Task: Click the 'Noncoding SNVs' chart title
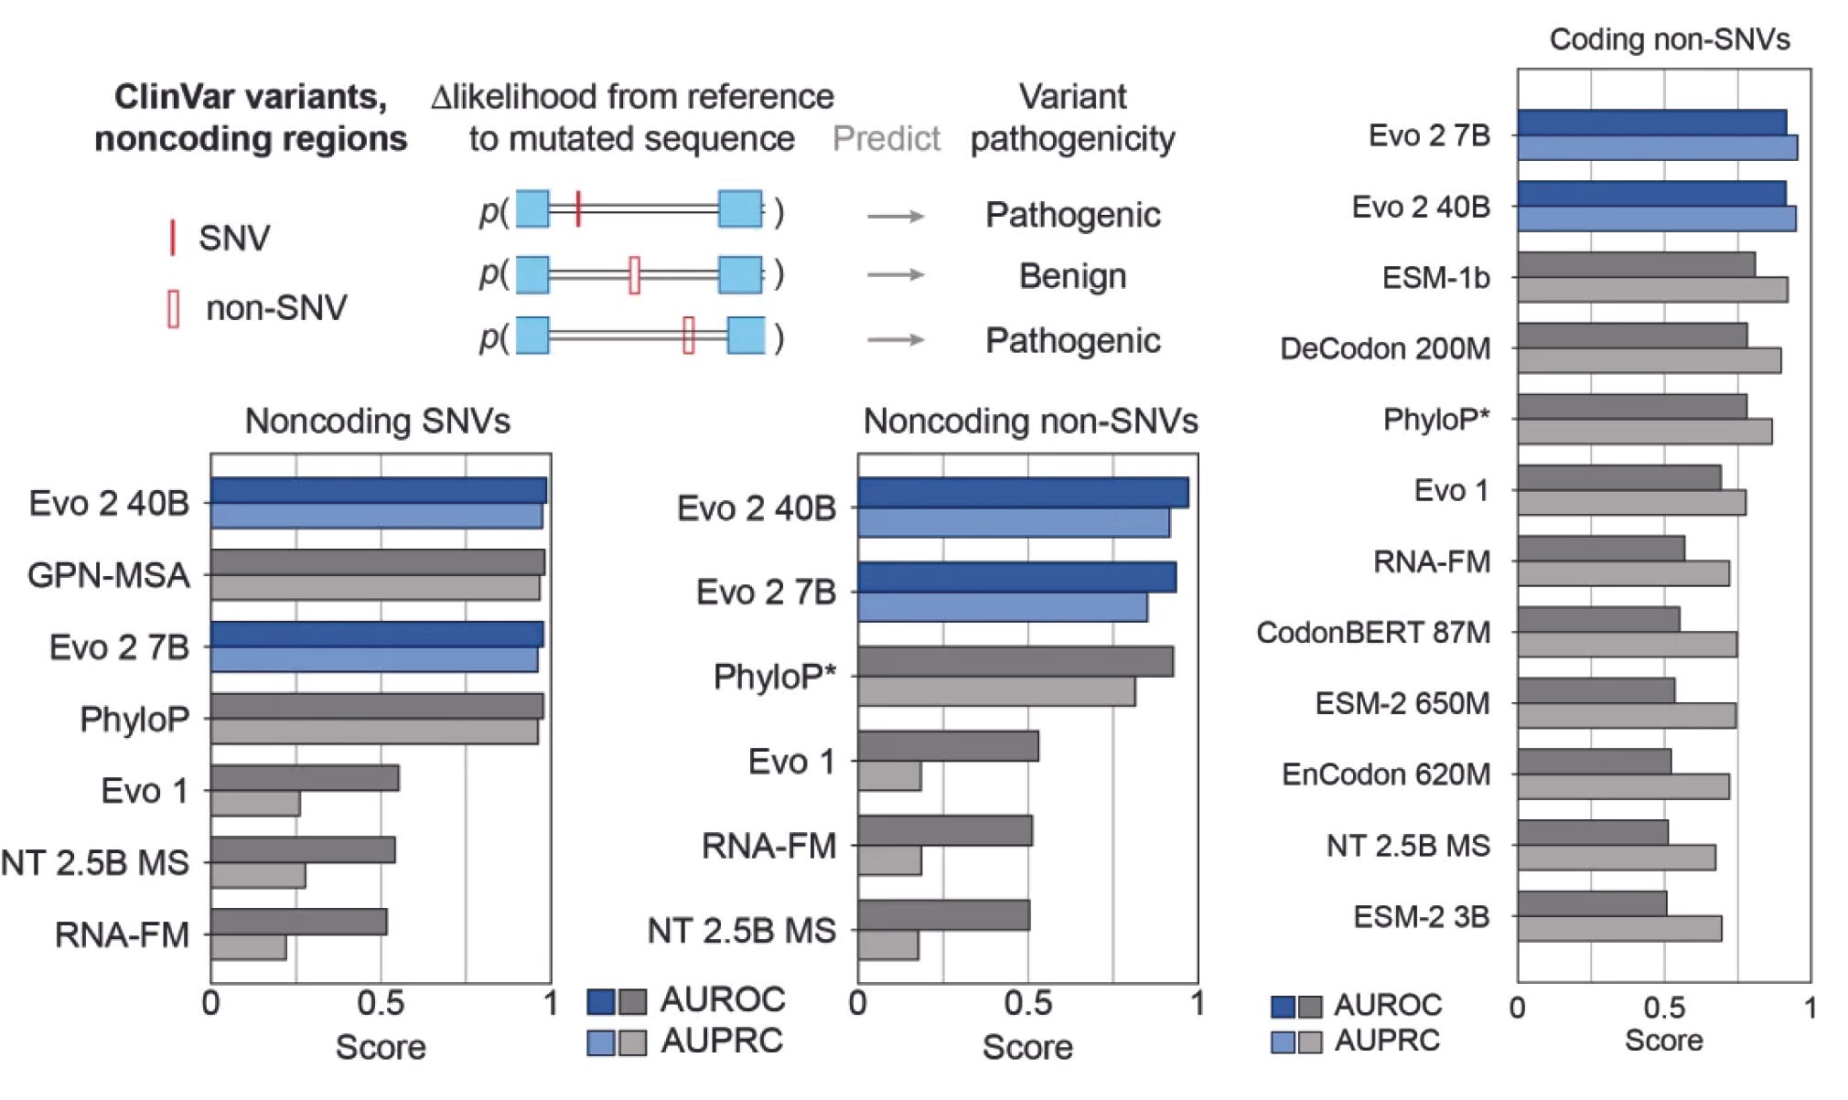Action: point(377,422)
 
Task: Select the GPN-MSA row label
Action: point(109,575)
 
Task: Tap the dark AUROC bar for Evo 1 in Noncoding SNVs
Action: point(305,778)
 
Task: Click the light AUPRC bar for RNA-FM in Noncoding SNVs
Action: point(248,948)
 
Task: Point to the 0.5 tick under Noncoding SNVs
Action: point(380,1004)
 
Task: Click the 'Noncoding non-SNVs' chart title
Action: point(1030,422)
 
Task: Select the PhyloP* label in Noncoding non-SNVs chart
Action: point(775,678)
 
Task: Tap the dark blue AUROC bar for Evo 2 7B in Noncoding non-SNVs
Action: point(1016,578)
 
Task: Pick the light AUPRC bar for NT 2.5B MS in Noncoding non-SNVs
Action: point(888,945)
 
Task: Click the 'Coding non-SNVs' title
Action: point(1669,39)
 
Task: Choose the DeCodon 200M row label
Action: point(1384,348)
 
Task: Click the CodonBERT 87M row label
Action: point(1373,633)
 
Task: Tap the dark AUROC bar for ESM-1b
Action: point(1636,265)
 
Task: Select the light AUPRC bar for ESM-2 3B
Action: point(1619,929)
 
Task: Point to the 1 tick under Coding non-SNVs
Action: point(1809,1009)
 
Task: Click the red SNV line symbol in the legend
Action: point(172,237)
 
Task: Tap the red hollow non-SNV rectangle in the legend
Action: point(173,308)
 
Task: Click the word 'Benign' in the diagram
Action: point(1072,276)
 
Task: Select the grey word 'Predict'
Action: point(886,139)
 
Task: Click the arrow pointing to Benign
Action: point(895,275)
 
